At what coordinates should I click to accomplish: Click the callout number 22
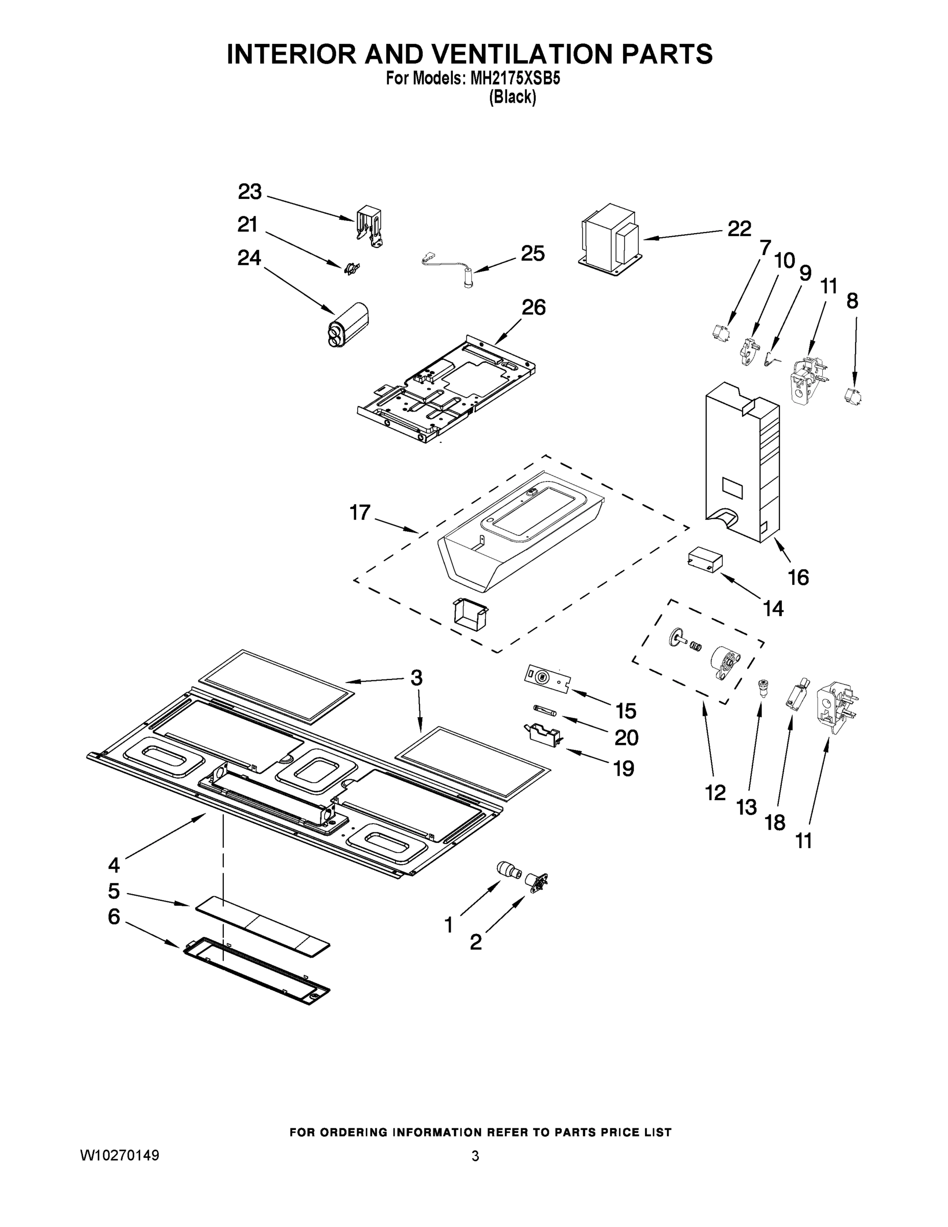pyautogui.click(x=739, y=229)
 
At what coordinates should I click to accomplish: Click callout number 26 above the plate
pyautogui.click(x=534, y=307)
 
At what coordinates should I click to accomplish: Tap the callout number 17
pyautogui.click(x=360, y=512)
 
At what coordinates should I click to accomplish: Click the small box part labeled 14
pyautogui.click(x=705, y=560)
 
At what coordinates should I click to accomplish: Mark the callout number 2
pyautogui.click(x=476, y=942)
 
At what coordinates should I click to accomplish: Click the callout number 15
pyautogui.click(x=626, y=711)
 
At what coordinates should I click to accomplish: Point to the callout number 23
pyautogui.click(x=250, y=192)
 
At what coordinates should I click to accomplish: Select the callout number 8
pyautogui.click(x=852, y=301)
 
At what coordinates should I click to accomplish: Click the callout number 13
pyautogui.click(x=746, y=807)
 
